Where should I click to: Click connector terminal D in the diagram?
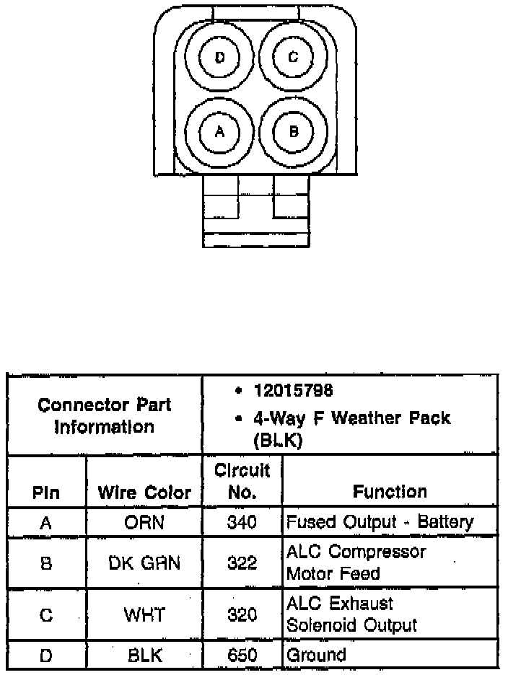pyautogui.click(x=220, y=57)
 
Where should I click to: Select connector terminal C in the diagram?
pyautogui.click(x=293, y=57)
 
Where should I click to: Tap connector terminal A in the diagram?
pyautogui.click(x=220, y=131)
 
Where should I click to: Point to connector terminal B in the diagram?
pyautogui.click(x=293, y=131)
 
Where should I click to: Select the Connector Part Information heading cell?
pyautogui.click(x=105, y=415)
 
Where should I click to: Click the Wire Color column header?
pyautogui.click(x=144, y=493)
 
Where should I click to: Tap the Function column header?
pyautogui.click(x=390, y=492)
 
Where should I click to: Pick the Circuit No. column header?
pyautogui.click(x=242, y=481)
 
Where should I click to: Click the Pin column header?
pyautogui.click(x=45, y=494)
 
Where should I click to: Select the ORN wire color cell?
pyautogui.click(x=144, y=523)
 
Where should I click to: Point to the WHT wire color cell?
pyautogui.click(x=144, y=615)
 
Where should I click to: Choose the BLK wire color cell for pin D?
pyautogui.click(x=144, y=655)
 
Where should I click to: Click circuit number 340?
pyautogui.click(x=242, y=523)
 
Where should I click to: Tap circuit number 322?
pyautogui.click(x=242, y=563)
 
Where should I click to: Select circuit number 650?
pyautogui.click(x=242, y=655)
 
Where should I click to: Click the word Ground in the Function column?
pyautogui.click(x=317, y=655)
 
